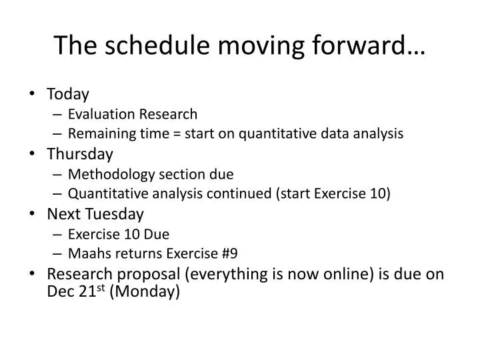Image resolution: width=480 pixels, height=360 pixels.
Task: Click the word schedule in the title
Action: point(157,45)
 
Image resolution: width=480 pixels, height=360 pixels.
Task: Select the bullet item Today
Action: point(67,94)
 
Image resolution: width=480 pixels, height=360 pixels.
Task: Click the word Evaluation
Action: point(101,114)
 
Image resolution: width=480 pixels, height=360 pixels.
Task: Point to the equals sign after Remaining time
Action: point(177,134)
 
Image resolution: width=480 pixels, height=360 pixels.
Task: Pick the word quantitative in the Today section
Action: point(277,134)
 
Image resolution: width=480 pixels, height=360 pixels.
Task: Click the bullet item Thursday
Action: point(80,154)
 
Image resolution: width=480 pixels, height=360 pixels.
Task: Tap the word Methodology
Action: point(111,175)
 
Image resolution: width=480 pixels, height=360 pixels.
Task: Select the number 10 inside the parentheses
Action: point(377,193)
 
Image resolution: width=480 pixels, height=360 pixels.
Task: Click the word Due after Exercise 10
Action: point(157,235)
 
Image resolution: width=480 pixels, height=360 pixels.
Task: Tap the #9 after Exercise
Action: point(229,253)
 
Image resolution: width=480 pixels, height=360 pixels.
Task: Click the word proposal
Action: point(149,274)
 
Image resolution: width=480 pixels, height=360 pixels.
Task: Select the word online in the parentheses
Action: point(349,274)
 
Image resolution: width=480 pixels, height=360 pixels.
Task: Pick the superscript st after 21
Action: point(101,288)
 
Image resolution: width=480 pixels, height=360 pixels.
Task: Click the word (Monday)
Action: point(145,291)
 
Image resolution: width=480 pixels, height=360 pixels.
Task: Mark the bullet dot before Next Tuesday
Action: point(32,213)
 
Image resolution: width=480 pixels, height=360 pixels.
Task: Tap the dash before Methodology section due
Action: point(57,175)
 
